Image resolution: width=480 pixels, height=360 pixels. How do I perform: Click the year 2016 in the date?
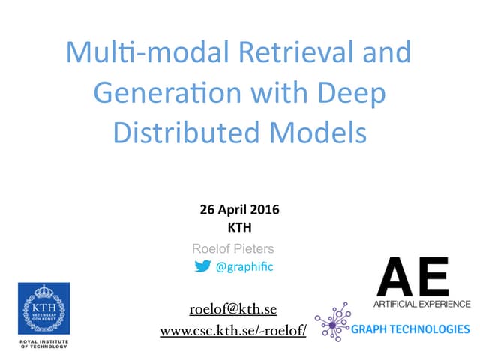click(x=264, y=209)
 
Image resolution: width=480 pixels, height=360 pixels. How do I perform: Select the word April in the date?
click(x=232, y=209)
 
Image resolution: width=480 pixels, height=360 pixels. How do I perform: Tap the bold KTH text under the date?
click(x=239, y=226)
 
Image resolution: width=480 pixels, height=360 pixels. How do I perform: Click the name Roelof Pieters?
click(x=233, y=248)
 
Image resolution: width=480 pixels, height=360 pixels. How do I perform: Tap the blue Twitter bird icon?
click(x=202, y=265)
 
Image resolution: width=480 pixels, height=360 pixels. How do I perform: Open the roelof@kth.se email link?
click(x=233, y=309)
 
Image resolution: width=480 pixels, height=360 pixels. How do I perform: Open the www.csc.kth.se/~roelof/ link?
click(x=233, y=331)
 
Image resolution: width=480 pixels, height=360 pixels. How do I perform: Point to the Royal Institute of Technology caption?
click(x=43, y=343)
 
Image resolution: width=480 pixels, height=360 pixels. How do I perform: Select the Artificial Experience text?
click(x=421, y=304)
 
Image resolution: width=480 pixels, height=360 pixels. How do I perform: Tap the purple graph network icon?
click(x=332, y=322)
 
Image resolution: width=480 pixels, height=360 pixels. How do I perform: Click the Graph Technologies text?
click(x=411, y=328)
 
